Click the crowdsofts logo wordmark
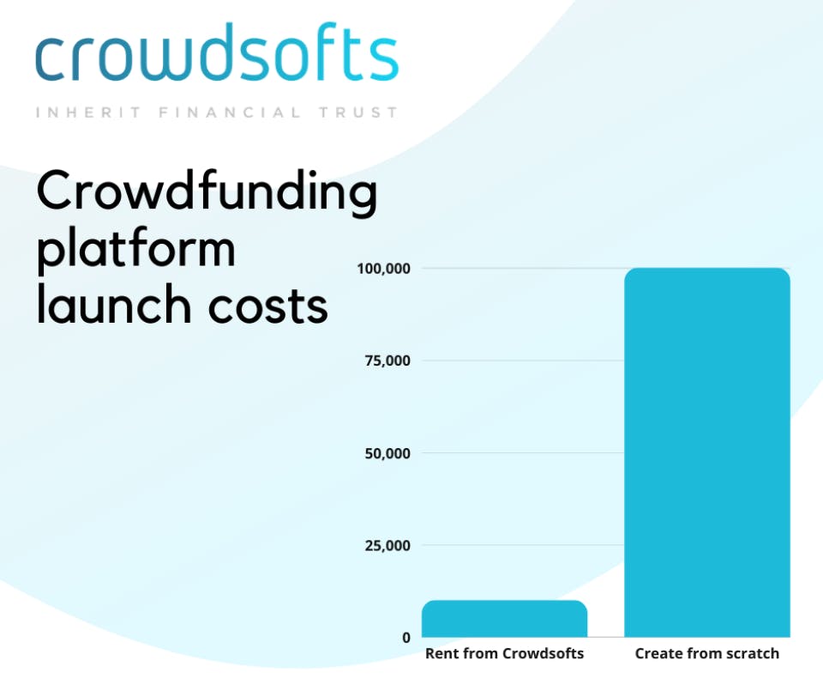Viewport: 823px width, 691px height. click(x=217, y=52)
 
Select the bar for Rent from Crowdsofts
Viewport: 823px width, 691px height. click(x=504, y=619)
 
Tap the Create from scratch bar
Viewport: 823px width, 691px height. click(x=707, y=452)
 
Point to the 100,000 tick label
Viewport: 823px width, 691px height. click(x=384, y=269)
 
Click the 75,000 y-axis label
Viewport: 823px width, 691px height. click(x=387, y=361)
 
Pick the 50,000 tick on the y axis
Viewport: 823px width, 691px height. click(x=387, y=453)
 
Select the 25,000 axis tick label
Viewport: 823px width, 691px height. click(x=387, y=545)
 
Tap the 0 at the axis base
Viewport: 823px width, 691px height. click(x=406, y=638)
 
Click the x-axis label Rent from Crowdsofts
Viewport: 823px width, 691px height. click(x=504, y=653)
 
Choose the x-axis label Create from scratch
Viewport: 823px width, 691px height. click(x=707, y=653)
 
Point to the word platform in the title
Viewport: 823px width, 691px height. click(x=136, y=250)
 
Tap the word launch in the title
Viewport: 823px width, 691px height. click(x=114, y=303)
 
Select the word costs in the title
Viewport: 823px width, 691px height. click(x=267, y=306)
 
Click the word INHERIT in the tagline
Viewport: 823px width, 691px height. click(x=88, y=112)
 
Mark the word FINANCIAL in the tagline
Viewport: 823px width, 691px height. click(x=230, y=112)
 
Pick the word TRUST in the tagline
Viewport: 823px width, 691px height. click(x=358, y=112)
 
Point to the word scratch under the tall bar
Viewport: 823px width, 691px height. click(x=752, y=653)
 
